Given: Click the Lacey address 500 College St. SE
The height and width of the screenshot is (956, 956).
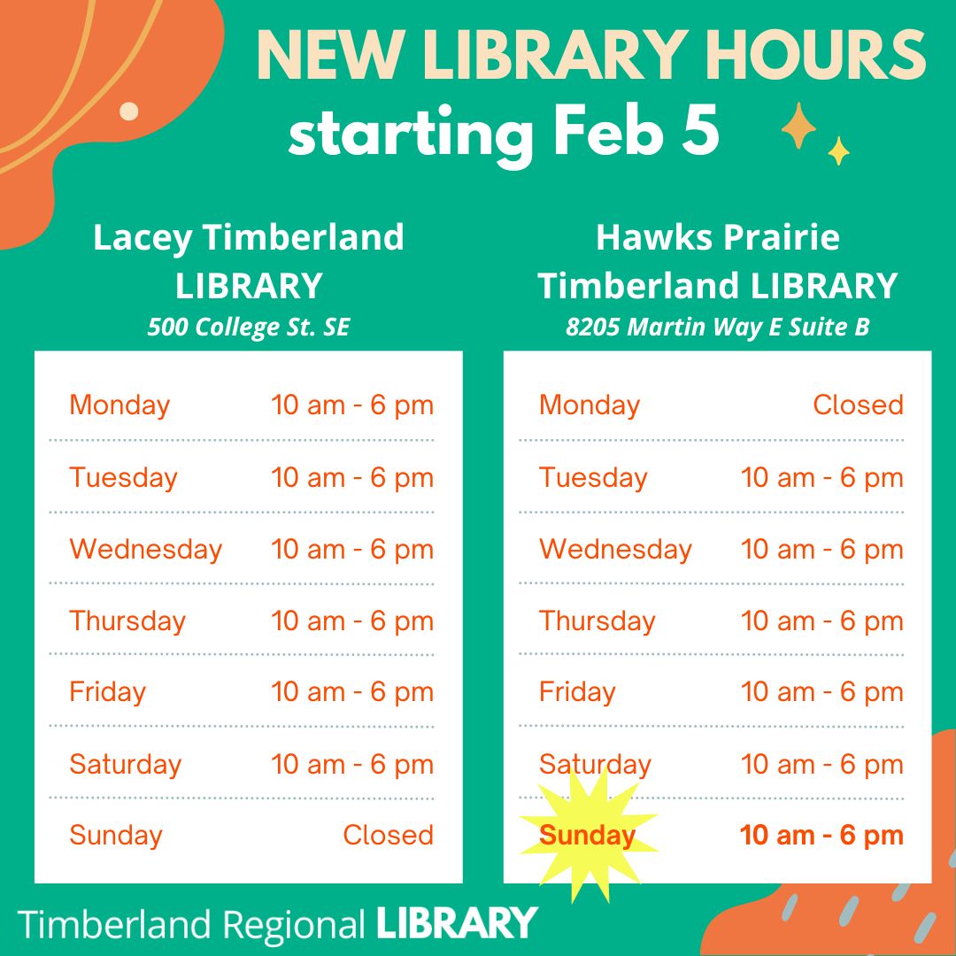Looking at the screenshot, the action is pyautogui.click(x=249, y=328).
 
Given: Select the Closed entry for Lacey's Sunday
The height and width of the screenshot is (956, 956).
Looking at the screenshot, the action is pyautogui.click(x=388, y=836).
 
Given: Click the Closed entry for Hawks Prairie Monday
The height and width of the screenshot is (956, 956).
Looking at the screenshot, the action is pyautogui.click(x=858, y=405).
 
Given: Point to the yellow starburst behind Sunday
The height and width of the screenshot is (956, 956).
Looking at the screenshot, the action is pyautogui.click(x=589, y=836).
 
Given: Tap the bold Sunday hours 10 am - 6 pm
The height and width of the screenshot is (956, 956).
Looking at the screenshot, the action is pyautogui.click(x=821, y=836).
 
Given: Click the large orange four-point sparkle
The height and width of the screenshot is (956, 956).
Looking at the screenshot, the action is pyautogui.click(x=798, y=127).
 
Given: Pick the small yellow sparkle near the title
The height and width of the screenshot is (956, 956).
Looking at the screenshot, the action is pyautogui.click(x=839, y=150).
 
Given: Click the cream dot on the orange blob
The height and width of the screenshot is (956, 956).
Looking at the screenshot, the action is pyautogui.click(x=128, y=112).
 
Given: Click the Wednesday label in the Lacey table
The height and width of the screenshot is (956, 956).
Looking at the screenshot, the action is pyautogui.click(x=146, y=549).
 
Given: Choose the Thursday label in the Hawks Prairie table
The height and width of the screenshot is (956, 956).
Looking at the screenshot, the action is pyautogui.click(x=597, y=621).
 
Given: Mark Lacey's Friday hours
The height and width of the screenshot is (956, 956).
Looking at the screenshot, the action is pyautogui.click(x=351, y=692).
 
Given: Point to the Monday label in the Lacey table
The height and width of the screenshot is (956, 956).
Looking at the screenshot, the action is pyautogui.click(x=119, y=405).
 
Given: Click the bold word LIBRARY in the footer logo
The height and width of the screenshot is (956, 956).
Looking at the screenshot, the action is pyautogui.click(x=457, y=923).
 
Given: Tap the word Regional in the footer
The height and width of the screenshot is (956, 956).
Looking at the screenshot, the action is pyautogui.click(x=294, y=926).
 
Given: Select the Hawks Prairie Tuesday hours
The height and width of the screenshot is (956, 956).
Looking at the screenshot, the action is pyautogui.click(x=821, y=477).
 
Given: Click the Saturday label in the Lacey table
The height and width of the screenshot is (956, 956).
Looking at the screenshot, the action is pyautogui.click(x=125, y=764).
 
